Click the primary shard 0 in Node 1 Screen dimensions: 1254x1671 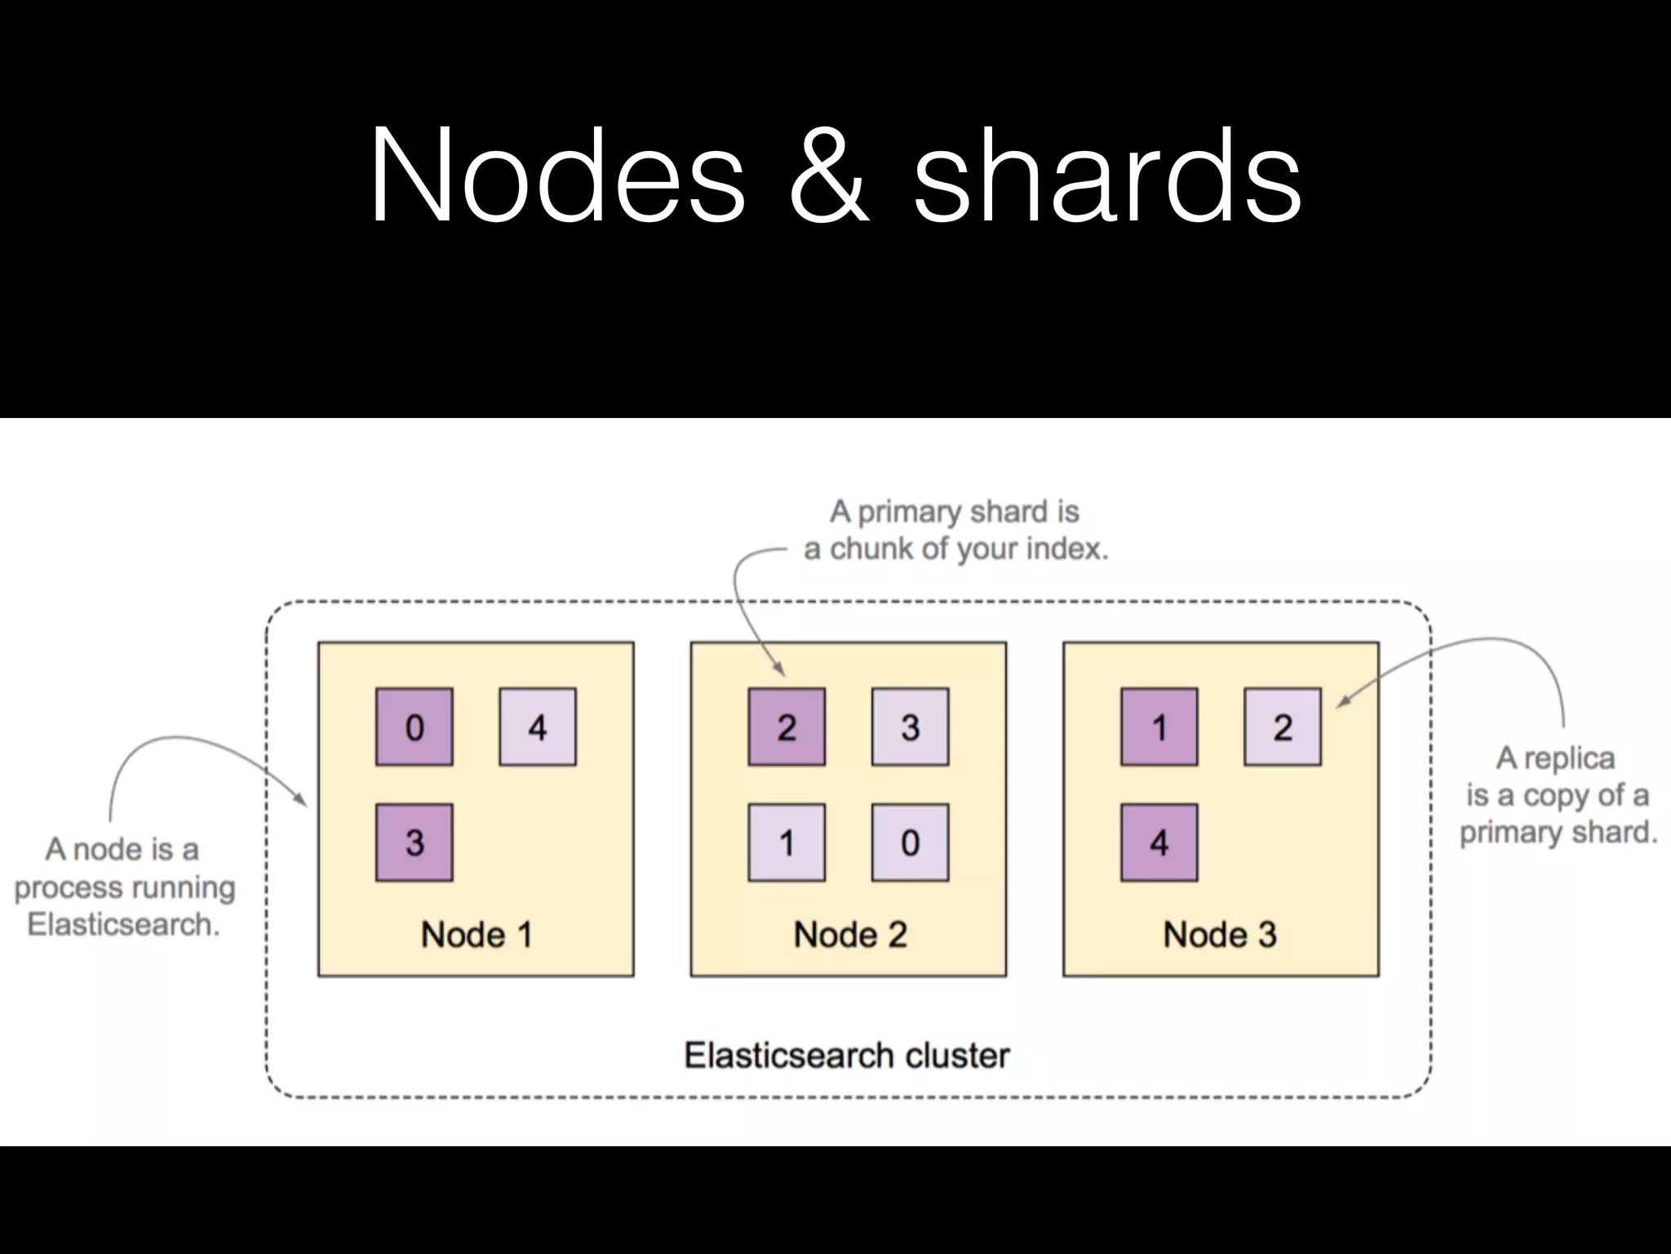(x=414, y=727)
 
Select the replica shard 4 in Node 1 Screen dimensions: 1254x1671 (x=537, y=727)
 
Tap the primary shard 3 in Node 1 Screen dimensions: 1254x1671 (x=414, y=843)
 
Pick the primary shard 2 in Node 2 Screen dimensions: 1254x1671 (x=787, y=727)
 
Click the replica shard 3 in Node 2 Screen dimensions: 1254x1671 (x=910, y=727)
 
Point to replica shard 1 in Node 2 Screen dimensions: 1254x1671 (x=787, y=843)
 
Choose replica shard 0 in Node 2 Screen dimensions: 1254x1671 (x=910, y=843)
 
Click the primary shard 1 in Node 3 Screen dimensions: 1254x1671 (x=1159, y=727)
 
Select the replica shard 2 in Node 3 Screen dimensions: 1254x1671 (x=1282, y=727)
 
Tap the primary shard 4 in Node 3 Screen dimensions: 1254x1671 (x=1159, y=843)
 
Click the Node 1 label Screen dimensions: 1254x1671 (x=476, y=935)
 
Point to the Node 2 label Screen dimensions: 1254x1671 (x=849, y=935)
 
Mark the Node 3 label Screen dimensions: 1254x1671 (x=1220, y=935)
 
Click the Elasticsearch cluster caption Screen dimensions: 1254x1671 (x=846, y=1056)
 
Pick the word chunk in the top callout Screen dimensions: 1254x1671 (x=871, y=549)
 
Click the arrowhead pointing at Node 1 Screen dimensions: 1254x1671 (x=303, y=800)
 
